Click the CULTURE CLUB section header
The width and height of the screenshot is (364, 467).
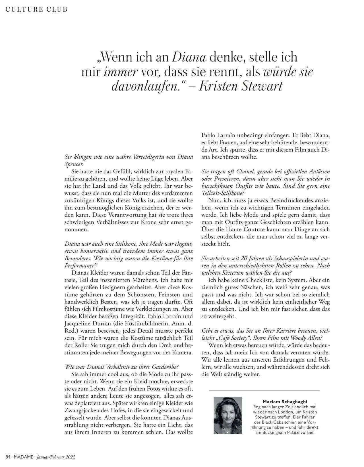click(37, 9)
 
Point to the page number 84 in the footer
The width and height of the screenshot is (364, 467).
click(7, 457)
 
